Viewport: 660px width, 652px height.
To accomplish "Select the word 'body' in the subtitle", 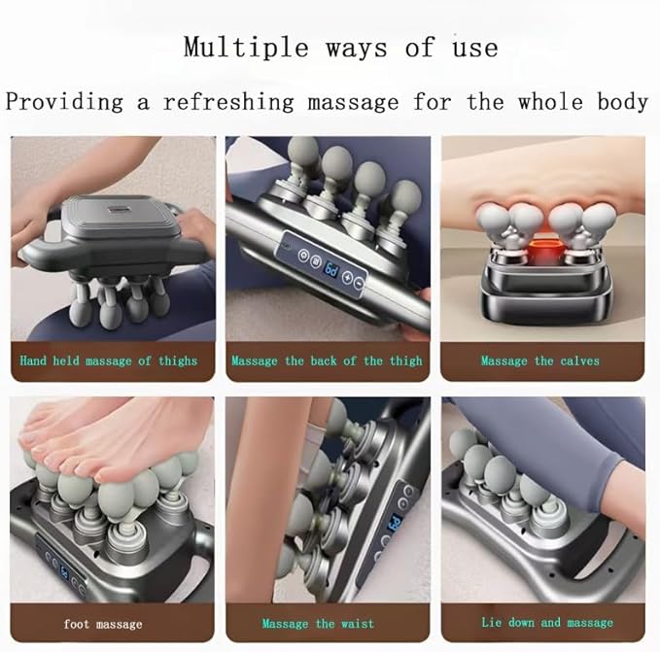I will click(618, 101).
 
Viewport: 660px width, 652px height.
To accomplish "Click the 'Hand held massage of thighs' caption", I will click(109, 360).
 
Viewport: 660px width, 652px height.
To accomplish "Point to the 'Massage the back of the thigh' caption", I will click(327, 360).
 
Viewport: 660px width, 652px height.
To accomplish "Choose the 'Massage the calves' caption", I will click(539, 360).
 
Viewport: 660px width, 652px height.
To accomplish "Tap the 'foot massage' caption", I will click(103, 623).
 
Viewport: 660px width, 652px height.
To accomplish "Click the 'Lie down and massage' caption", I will click(547, 622).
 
